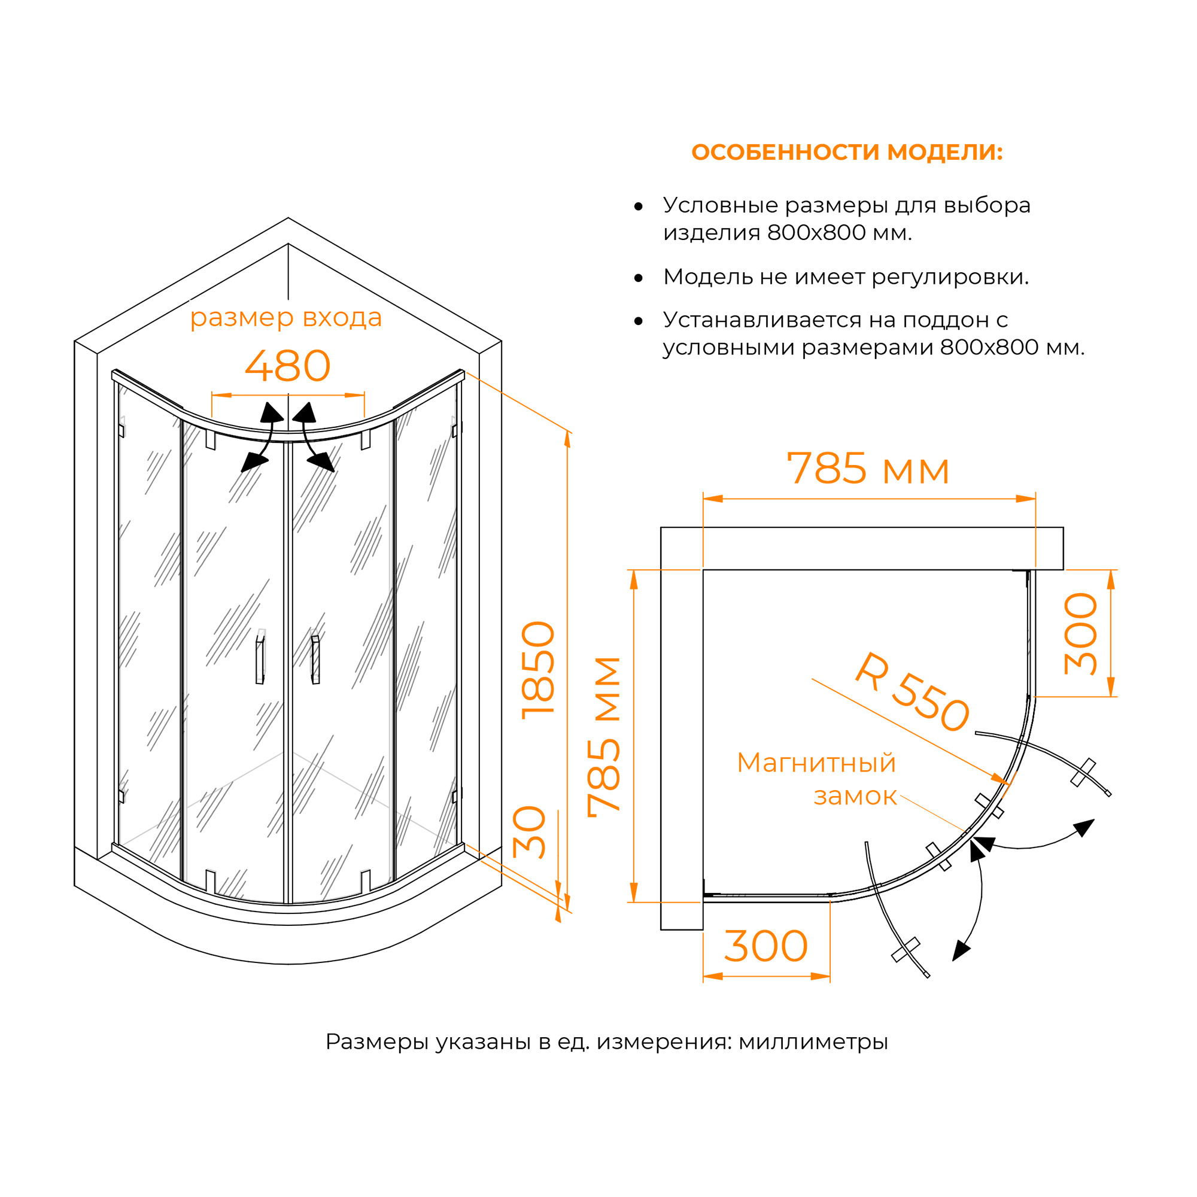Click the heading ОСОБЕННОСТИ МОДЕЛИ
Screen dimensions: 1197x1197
click(x=846, y=153)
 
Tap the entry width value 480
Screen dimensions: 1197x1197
click(x=287, y=366)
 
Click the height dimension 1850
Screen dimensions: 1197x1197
click(x=538, y=670)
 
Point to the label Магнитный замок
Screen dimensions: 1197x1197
click(x=816, y=779)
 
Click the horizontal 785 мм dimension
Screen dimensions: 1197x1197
click(x=867, y=469)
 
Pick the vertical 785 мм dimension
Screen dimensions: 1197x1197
click(x=604, y=737)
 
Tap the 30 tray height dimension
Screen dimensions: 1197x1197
click(x=530, y=832)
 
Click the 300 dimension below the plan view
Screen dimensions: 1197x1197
click(x=766, y=947)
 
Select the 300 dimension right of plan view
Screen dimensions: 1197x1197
click(x=1080, y=633)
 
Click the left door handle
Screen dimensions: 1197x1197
click(x=260, y=657)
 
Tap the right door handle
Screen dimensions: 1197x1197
click(x=315, y=659)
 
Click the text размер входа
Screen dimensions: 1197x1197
click(x=285, y=318)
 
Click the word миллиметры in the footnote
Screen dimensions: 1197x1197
click(x=813, y=1042)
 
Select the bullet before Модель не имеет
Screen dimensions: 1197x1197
click(x=638, y=278)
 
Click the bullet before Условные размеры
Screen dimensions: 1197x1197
click(x=638, y=206)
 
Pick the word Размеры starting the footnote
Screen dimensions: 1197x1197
click(x=376, y=1042)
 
